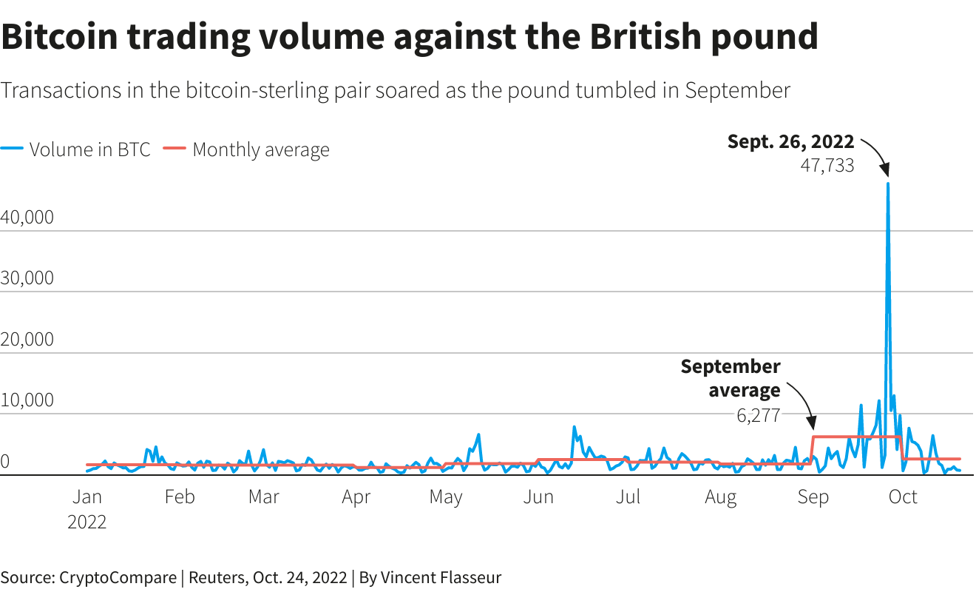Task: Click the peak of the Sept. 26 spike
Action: pos(887,184)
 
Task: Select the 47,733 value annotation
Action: pos(827,165)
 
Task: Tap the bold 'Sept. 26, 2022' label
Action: pos(790,141)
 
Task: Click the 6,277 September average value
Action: pos(758,415)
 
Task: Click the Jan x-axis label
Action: pos(87,497)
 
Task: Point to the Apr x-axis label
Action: pos(356,497)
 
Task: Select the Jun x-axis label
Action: pos(538,497)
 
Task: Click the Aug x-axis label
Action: pos(720,497)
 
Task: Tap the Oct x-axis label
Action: pos(903,497)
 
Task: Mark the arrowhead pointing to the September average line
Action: pos(812,427)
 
